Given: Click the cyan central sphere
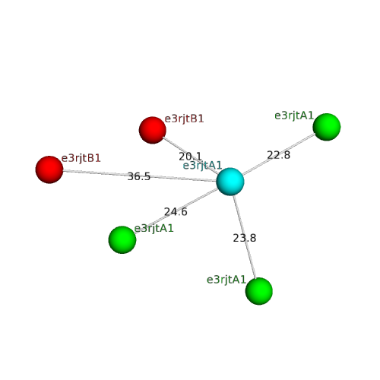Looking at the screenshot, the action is [230, 182].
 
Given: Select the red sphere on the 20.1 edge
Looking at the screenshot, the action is [152, 130].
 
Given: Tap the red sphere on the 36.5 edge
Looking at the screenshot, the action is [49, 169].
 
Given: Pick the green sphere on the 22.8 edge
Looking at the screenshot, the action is [327, 127].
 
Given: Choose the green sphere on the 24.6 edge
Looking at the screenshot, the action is [122, 239].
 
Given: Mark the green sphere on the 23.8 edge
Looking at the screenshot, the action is [259, 291].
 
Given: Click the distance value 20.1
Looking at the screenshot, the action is [190, 157].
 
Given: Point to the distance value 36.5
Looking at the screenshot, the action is [139, 176].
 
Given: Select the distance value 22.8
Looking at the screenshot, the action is [279, 155].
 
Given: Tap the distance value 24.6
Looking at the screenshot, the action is [176, 212].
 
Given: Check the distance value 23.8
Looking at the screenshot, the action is [245, 238].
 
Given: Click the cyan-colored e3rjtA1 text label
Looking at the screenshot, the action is [202, 166].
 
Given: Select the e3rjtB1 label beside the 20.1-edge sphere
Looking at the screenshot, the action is [184, 119].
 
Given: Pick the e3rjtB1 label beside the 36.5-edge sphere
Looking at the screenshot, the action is [81, 158].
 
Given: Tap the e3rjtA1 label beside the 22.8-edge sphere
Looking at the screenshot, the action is [294, 116].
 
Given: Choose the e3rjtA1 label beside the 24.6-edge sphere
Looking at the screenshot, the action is [154, 229].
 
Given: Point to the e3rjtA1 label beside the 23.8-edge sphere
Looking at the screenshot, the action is [226, 280].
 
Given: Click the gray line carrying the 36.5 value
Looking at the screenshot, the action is [140, 176].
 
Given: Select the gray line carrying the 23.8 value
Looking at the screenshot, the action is [245, 237].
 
